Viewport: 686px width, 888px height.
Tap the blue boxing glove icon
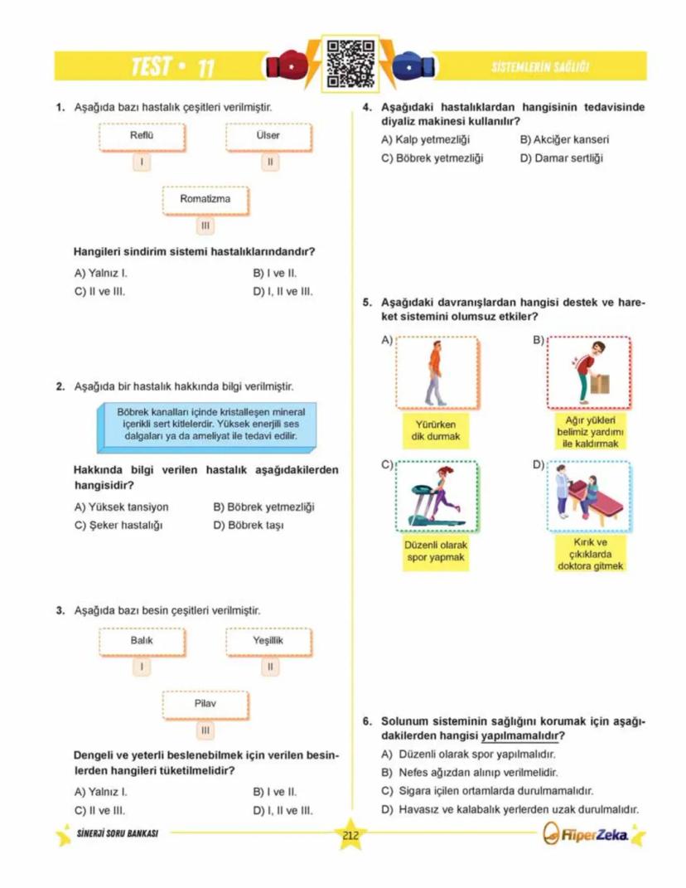click(407, 67)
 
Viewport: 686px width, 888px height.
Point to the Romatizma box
click(205, 200)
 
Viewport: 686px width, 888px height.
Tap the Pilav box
click(205, 704)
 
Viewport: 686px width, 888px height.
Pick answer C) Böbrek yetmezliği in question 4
click(432, 158)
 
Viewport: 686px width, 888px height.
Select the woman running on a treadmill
click(437, 496)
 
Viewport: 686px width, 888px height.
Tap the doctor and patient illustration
click(589, 496)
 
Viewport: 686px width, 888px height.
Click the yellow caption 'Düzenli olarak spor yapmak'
click(437, 551)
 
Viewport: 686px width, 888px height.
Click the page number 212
click(350, 834)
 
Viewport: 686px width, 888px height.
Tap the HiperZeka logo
click(591, 834)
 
